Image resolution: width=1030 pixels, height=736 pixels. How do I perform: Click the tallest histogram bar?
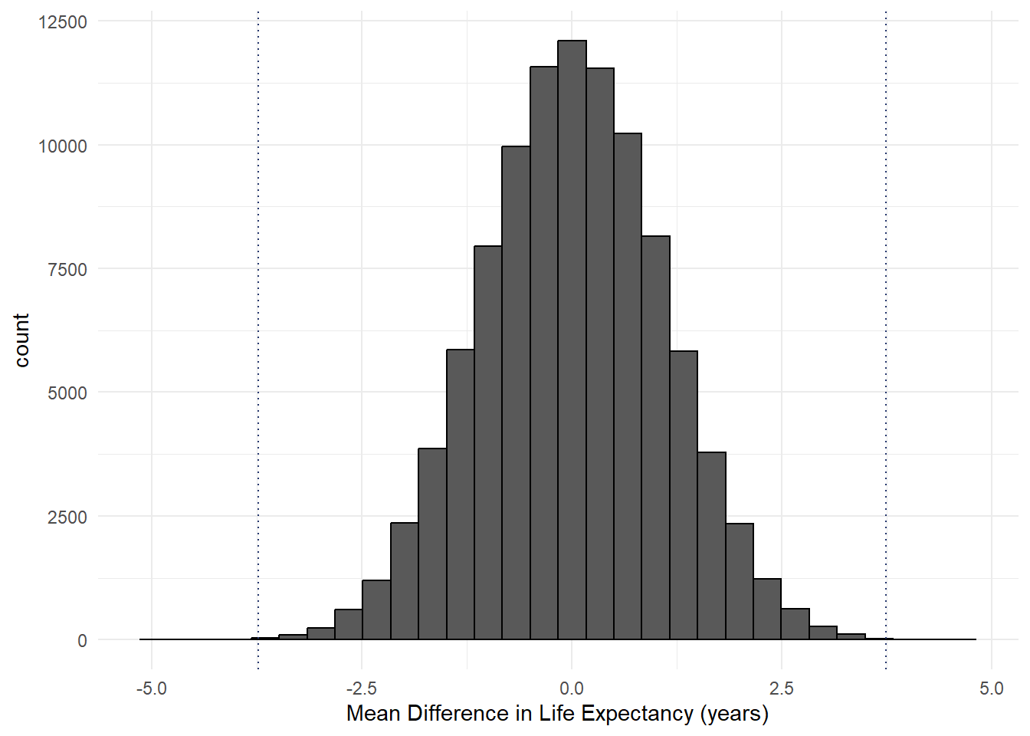pos(572,337)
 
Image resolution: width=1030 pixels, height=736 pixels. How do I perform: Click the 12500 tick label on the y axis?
pos(63,22)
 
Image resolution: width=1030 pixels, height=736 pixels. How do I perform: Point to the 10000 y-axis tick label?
pos(63,146)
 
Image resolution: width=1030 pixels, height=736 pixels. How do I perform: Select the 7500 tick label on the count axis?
pos(67,269)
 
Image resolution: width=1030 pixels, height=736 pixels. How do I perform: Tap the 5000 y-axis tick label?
pos(67,393)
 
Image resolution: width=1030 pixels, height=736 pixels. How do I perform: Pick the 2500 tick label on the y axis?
pos(67,517)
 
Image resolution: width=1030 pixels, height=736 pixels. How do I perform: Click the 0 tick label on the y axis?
pos(82,641)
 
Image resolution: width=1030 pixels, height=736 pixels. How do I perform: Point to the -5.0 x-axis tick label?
pos(151,688)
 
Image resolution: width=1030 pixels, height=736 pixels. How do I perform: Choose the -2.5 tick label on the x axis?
pos(361,688)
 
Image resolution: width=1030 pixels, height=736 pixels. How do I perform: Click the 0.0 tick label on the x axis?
pos(572,688)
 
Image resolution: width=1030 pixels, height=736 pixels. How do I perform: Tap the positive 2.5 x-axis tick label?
pos(782,688)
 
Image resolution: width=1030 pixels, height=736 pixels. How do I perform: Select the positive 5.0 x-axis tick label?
pos(992,688)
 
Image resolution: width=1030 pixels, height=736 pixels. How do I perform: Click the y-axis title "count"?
pos(21,340)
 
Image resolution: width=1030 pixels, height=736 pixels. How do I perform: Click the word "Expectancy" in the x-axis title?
pos(636,714)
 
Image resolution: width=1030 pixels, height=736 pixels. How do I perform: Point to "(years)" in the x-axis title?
pos(733,714)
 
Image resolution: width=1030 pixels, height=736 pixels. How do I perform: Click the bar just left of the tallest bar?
pos(544,353)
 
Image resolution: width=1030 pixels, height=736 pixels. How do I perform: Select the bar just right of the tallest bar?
pos(600,353)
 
